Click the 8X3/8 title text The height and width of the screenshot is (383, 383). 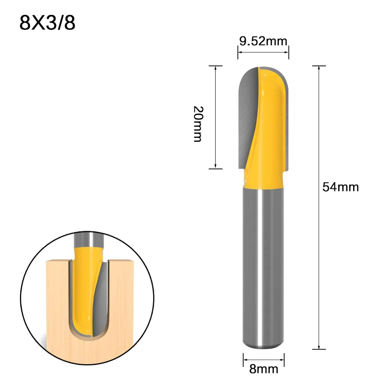[47, 23]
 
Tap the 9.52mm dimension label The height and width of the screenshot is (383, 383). [263, 41]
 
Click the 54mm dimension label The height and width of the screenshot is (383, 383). [341, 187]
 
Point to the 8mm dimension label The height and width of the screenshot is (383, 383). [263, 369]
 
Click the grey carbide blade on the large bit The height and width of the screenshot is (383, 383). [247, 111]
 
